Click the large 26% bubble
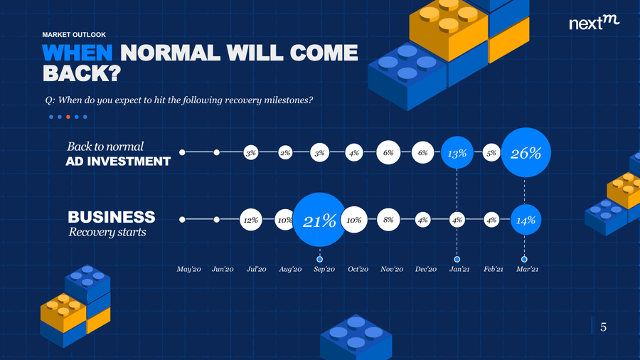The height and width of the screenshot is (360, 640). (526, 152)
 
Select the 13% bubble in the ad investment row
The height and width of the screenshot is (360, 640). (457, 153)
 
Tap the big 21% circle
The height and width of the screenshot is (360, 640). (319, 220)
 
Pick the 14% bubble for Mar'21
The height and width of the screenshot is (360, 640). (526, 220)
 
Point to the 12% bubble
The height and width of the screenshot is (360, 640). (250, 220)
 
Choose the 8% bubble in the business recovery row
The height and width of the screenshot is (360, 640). (388, 220)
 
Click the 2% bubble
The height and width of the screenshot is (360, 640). (285, 153)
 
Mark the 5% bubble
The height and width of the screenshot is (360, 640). (491, 153)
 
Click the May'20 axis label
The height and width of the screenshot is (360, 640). (188, 270)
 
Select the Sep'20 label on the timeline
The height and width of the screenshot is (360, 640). (324, 270)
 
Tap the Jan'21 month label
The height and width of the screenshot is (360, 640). (459, 270)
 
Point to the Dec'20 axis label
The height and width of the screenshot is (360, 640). (426, 270)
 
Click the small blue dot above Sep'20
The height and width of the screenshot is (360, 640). (319, 259)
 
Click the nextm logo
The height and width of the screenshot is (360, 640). (594, 23)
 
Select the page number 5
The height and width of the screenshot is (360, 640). (603, 327)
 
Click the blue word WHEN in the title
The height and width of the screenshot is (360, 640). (77, 53)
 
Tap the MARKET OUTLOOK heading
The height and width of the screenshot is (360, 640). (74, 35)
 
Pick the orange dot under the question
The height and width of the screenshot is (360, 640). (68, 117)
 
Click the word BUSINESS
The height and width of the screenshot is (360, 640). (112, 217)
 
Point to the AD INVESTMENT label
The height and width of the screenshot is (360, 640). (118, 162)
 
